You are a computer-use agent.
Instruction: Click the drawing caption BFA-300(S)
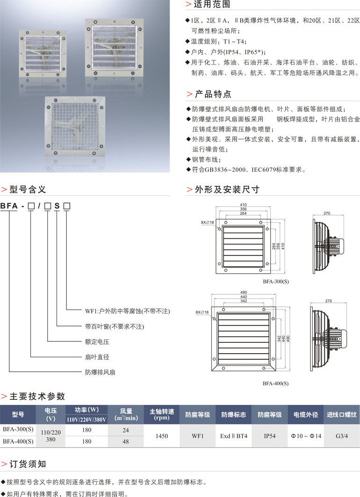pyautogui.click(x=276, y=282)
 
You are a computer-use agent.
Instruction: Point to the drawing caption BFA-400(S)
pyautogui.click(x=276, y=383)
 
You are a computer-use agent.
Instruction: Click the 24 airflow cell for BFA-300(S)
pyautogui.click(x=125, y=430)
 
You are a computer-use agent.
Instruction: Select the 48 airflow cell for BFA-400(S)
pyautogui.click(x=125, y=441)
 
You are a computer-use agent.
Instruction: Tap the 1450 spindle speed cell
pyautogui.click(x=161, y=435)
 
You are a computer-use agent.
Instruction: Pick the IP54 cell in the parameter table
pyautogui.click(x=270, y=435)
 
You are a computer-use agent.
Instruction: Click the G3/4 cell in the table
pyautogui.click(x=342, y=435)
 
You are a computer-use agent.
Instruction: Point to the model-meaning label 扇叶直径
pyautogui.click(x=97, y=357)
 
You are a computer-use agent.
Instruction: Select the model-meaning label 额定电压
pyautogui.click(x=97, y=341)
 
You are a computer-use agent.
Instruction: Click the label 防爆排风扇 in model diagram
pyautogui.click(x=100, y=372)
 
